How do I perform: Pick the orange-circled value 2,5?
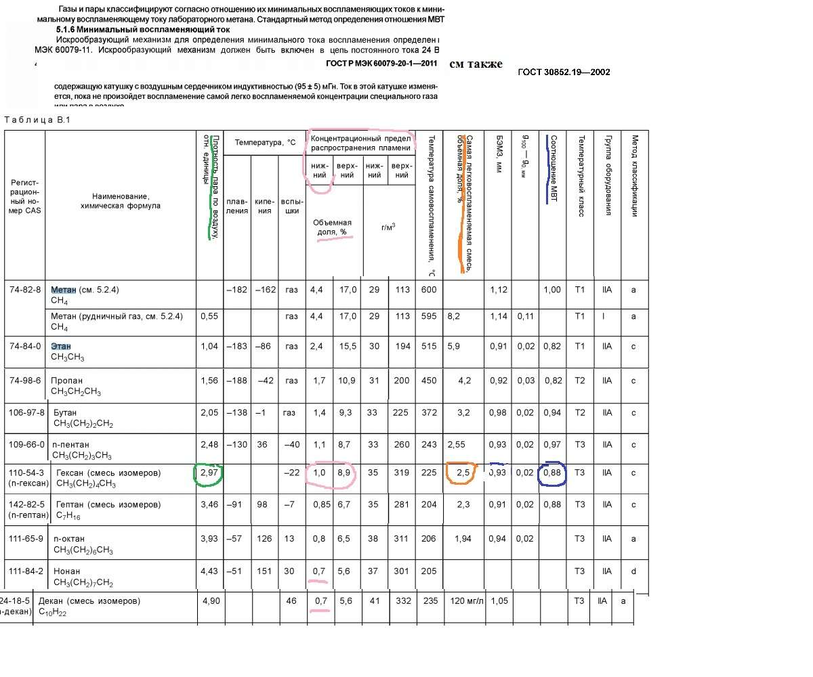463,473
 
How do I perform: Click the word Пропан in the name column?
66,380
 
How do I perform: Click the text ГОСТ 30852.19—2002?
564,72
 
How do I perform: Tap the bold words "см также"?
476,64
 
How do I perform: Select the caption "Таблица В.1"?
37,121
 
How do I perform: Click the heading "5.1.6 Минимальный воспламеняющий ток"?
142,30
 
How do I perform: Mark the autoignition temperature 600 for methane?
428,290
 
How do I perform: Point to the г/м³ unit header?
388,227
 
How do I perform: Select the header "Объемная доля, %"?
332,227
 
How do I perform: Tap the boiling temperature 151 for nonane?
264,571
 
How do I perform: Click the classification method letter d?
633,571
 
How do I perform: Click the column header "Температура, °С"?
265,143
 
